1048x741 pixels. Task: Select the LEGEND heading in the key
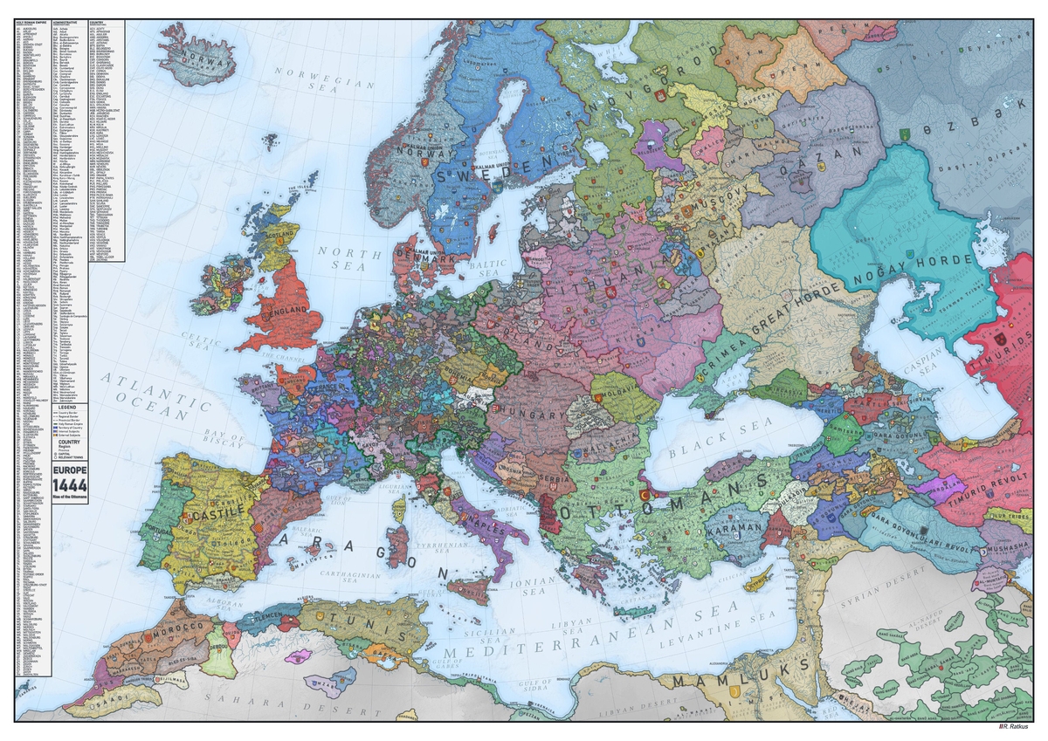(x=66, y=408)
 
